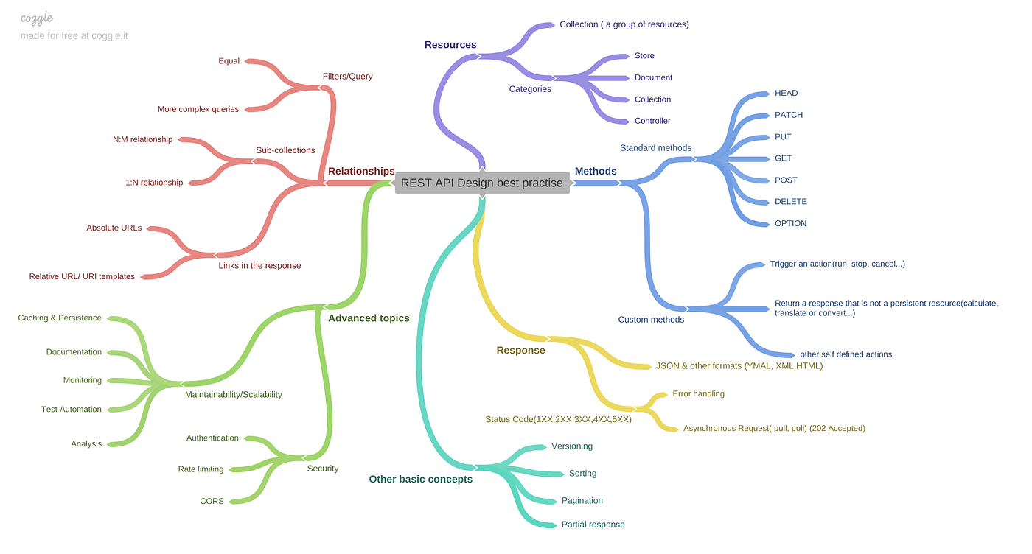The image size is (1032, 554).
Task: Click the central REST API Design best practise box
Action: click(482, 183)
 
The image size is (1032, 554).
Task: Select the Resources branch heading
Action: click(450, 45)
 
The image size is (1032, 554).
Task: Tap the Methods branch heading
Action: click(596, 172)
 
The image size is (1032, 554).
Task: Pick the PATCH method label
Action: click(789, 115)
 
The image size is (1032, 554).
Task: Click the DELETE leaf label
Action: click(791, 202)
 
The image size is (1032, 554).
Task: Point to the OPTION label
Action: click(790, 223)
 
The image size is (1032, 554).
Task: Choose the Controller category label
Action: click(652, 121)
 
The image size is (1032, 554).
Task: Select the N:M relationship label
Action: click(142, 139)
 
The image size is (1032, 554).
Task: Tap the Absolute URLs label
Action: click(114, 228)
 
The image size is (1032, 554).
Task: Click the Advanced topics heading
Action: click(369, 318)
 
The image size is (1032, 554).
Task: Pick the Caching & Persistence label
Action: click(60, 318)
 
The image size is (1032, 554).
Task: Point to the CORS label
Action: click(212, 501)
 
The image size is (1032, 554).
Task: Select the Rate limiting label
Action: click(201, 469)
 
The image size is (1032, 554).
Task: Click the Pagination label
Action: click(582, 500)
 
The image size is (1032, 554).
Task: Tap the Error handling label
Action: click(698, 393)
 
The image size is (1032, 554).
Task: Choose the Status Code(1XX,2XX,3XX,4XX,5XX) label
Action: click(558, 419)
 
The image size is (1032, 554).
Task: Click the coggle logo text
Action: click(37, 18)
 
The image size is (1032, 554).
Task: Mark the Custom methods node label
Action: click(651, 320)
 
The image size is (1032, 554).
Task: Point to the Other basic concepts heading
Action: click(421, 479)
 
